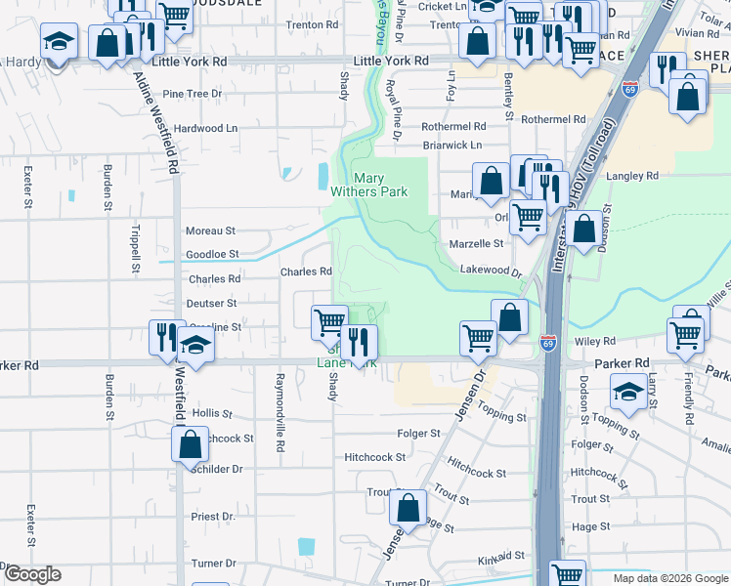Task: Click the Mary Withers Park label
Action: coord(380,186)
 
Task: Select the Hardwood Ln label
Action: coord(205,128)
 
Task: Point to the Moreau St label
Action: coord(210,231)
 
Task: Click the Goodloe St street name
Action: coord(212,254)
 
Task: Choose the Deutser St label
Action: coord(211,304)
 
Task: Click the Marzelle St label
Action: coord(476,243)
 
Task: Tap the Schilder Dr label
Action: coord(217,469)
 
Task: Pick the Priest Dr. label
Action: coord(213,516)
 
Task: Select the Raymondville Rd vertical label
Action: coord(279,412)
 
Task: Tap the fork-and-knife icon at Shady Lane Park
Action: coord(359,341)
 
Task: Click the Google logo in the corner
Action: coord(31,574)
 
